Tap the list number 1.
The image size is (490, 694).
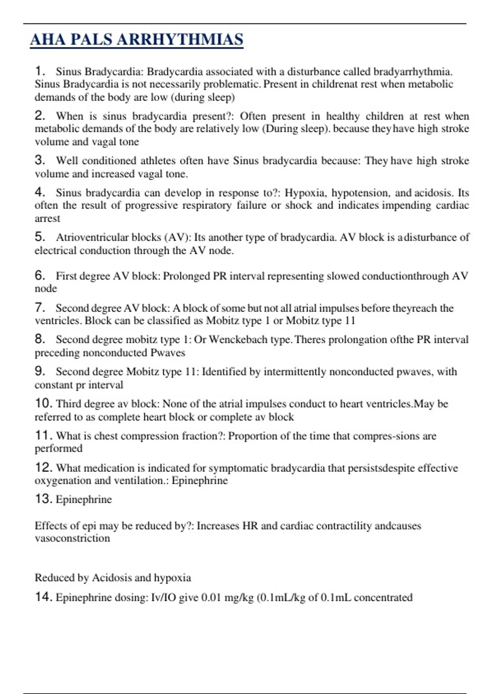pyautogui.click(x=39, y=71)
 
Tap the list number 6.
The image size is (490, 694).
pyautogui.click(x=40, y=276)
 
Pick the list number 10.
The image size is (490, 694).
pyautogui.click(x=43, y=403)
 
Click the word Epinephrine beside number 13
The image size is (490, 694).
pyautogui.click(x=84, y=500)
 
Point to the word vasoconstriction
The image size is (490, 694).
pyautogui.click(x=72, y=538)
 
